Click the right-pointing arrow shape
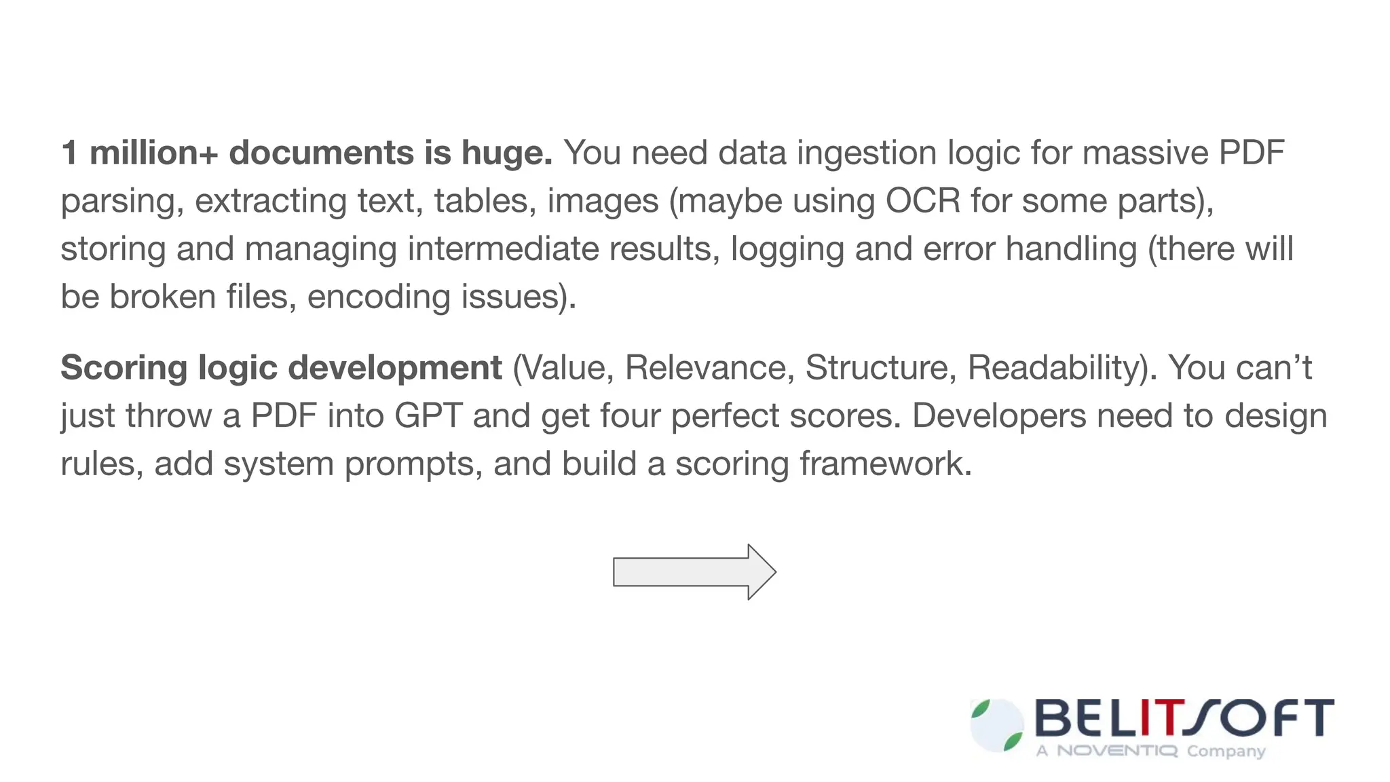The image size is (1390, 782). click(x=694, y=572)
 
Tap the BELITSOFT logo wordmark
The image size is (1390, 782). click(x=1184, y=718)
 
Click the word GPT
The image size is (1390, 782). click(x=429, y=415)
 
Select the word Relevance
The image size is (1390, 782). click(x=709, y=369)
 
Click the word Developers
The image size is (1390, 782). click(x=998, y=415)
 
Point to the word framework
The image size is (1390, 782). click(x=885, y=464)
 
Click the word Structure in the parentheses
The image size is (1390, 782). click(x=880, y=369)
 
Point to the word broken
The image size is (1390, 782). click(x=162, y=297)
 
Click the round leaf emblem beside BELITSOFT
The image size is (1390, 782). click(x=996, y=726)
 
